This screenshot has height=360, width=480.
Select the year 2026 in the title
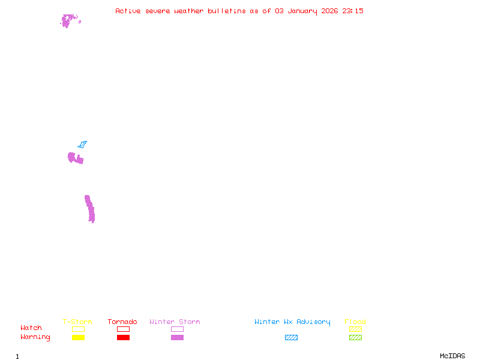tap(329, 11)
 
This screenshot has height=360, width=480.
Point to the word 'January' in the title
tap(302, 11)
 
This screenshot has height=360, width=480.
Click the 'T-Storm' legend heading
tap(77, 322)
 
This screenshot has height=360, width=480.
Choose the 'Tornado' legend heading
tap(122, 322)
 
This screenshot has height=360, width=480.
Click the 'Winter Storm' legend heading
tap(175, 322)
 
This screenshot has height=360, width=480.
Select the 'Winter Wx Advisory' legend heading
tap(292, 322)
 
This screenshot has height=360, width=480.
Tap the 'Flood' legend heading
tap(355, 322)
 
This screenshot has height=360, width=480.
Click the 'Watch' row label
tap(31, 328)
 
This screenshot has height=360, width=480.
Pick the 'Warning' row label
tap(35, 337)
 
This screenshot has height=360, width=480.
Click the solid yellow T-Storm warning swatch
tap(79, 337)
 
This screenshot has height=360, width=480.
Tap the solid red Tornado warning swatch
tap(124, 337)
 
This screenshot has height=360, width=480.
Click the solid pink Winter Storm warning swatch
tap(177, 337)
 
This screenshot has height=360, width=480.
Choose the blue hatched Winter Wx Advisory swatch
tap(291, 337)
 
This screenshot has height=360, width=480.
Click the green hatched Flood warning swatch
tap(355, 337)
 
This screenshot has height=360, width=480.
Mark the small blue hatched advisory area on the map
tap(82, 144)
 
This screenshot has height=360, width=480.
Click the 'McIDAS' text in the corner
tap(452, 356)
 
